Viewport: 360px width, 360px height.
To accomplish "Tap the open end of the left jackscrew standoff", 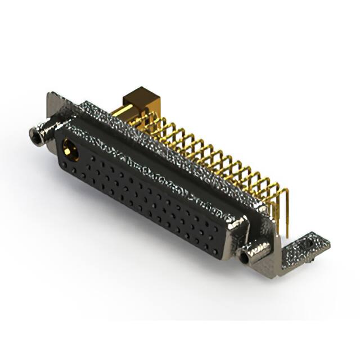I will click(35, 134).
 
